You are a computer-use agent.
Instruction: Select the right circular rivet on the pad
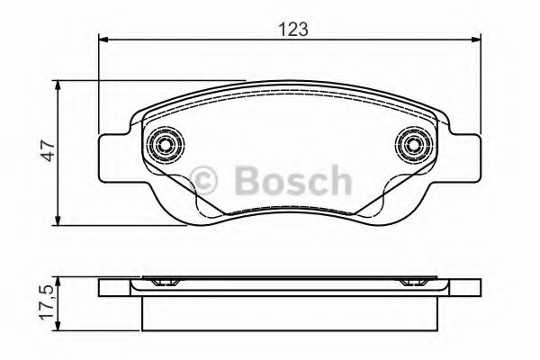414,144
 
